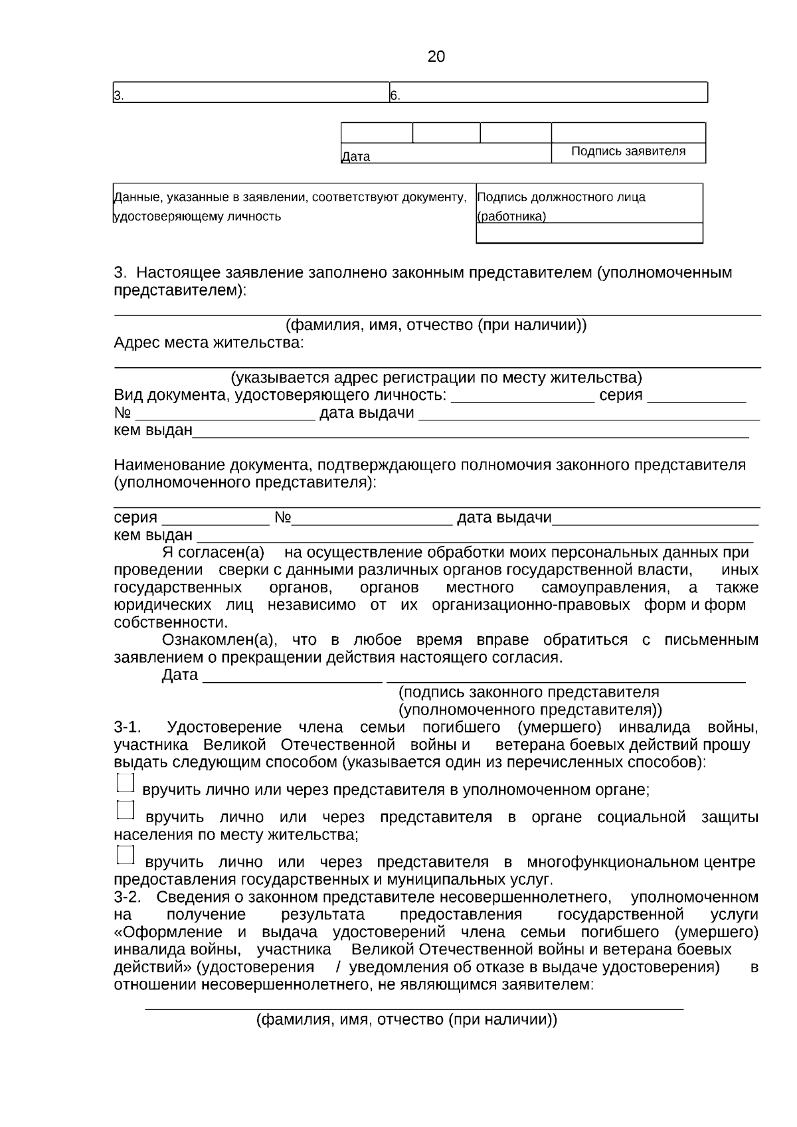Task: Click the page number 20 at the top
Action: pos(436,57)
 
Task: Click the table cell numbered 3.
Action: pos(250,93)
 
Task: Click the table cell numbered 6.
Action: pos(548,93)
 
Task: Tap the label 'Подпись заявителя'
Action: pos(628,151)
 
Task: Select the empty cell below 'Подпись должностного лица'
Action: pos(588,233)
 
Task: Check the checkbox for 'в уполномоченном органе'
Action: pos(125,783)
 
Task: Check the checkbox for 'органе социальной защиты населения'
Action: pos(125,810)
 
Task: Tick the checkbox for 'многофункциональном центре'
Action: pos(125,855)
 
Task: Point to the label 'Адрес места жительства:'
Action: pos(209,343)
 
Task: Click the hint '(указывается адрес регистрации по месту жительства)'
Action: pos(436,378)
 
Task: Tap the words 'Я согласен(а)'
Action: pos(213,553)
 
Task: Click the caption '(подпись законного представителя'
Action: pos(528,692)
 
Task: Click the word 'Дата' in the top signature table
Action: pos(355,157)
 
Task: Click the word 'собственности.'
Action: pos(171,623)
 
